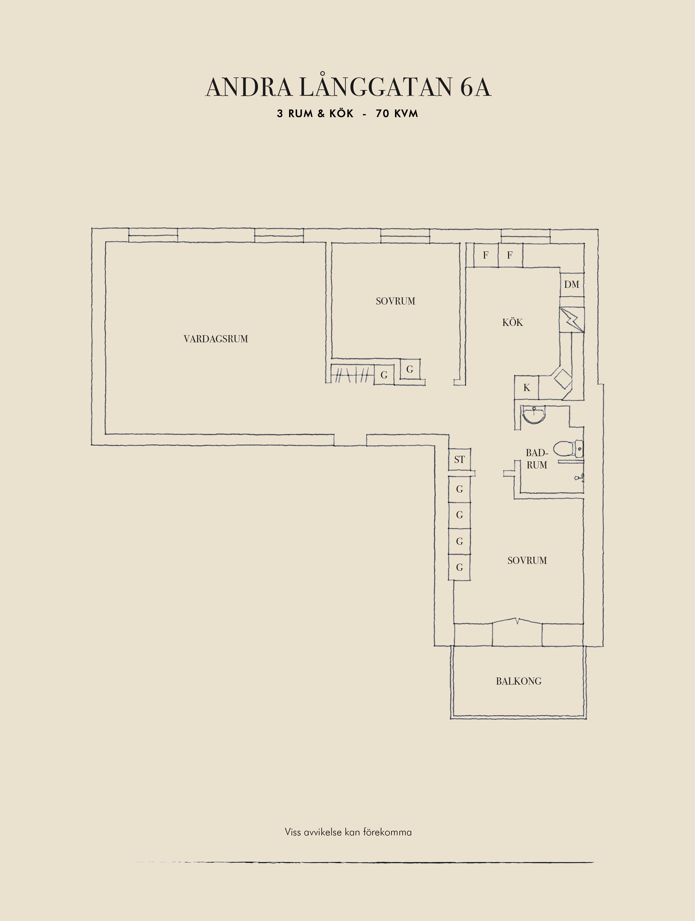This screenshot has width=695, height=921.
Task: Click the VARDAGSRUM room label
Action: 216,339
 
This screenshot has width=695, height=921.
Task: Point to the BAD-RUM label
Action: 537,459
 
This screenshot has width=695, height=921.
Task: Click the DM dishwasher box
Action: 572,284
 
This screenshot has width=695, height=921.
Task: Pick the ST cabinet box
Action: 459,460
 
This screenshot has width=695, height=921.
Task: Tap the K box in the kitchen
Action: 527,388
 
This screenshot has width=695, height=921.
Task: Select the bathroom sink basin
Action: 533,415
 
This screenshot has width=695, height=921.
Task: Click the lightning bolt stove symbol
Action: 572,320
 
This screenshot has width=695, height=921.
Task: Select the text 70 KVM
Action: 397,114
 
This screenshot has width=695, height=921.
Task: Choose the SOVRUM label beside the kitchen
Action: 396,301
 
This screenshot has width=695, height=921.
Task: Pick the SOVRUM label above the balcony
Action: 527,560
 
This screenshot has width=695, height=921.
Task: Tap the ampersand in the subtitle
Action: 321,114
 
